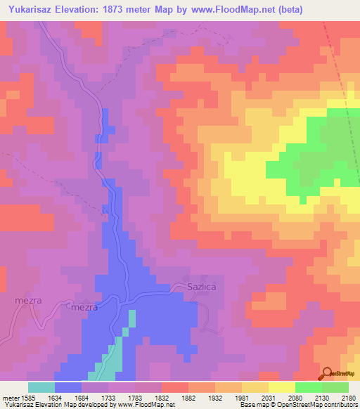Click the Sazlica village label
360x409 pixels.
pos(186,288)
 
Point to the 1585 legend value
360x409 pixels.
pos(27,397)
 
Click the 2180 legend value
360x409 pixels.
pos(348,397)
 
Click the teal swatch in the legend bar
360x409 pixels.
pos(41,387)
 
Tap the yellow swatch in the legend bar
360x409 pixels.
pos(281,387)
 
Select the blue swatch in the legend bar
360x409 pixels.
pos(67,387)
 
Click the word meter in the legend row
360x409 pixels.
pos(9,397)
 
